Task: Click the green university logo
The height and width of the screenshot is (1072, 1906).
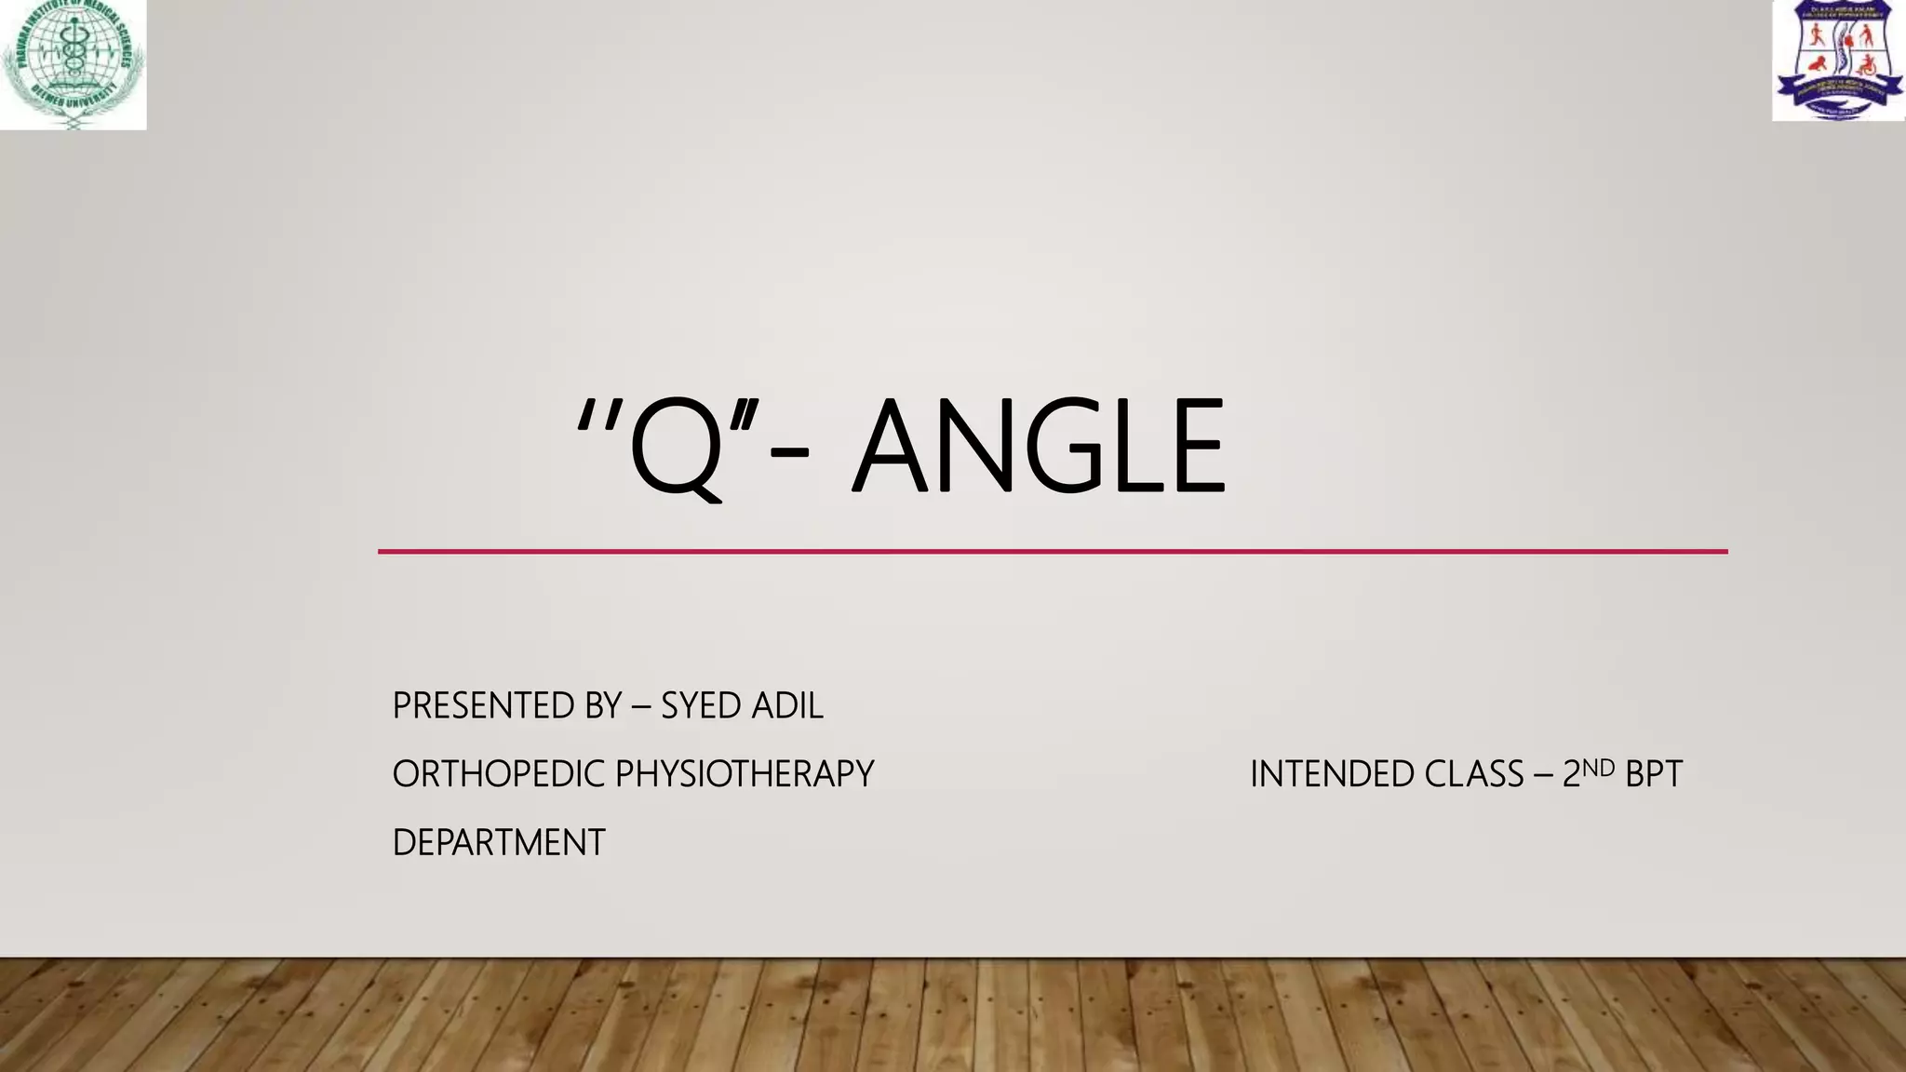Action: (x=73, y=63)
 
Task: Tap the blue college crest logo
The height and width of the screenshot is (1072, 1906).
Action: (x=1838, y=60)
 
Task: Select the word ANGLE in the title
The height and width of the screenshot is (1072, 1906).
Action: (x=1039, y=446)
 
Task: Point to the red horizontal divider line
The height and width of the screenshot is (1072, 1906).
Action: (x=1052, y=552)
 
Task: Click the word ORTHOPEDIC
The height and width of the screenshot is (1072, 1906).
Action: (x=498, y=774)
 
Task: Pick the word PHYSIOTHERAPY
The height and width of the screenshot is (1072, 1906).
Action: (x=745, y=774)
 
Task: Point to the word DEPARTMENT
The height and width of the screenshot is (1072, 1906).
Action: (x=499, y=843)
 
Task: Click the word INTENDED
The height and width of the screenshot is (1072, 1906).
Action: (x=1327, y=774)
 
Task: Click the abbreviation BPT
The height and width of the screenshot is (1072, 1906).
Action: (x=1654, y=774)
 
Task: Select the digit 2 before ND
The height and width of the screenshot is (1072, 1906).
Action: (x=1571, y=774)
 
